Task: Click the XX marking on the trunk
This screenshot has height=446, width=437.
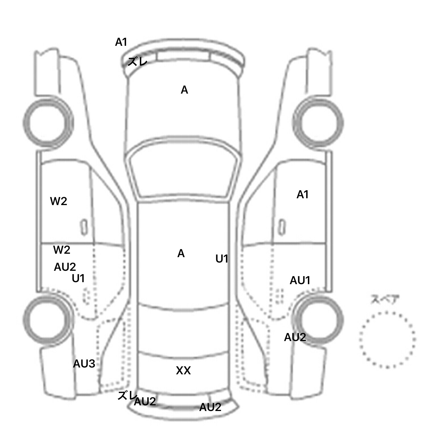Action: (183, 370)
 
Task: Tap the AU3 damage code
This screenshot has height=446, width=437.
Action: (84, 364)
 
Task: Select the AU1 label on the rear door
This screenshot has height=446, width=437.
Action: (300, 281)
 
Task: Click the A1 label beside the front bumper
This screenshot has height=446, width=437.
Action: (121, 42)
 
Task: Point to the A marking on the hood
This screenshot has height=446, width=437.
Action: (184, 90)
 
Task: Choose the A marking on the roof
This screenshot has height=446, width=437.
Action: (181, 253)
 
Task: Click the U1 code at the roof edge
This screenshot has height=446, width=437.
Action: (222, 259)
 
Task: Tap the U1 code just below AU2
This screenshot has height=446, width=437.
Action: (78, 278)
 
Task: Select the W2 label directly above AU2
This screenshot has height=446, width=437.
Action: (61, 250)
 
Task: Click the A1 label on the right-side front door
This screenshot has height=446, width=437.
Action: (302, 195)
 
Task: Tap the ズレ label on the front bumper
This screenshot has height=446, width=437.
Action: (137, 61)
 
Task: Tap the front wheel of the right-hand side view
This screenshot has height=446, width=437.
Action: (318, 123)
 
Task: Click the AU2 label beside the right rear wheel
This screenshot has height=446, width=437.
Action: (295, 337)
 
